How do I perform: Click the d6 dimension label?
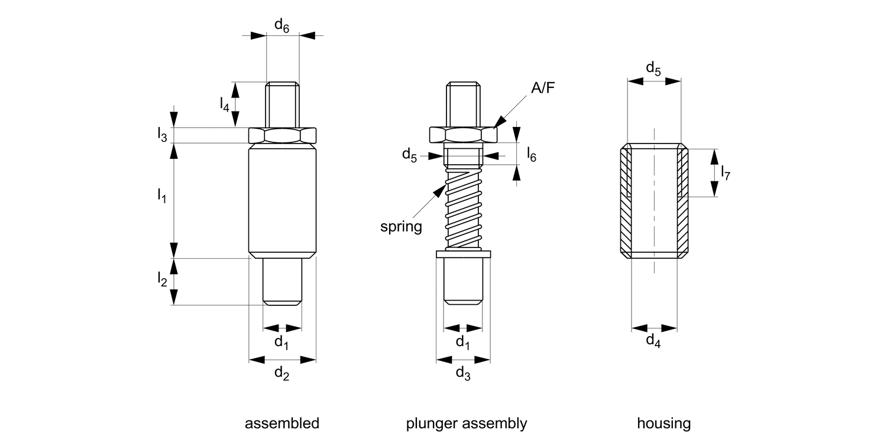(282, 25)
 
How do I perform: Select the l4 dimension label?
(224, 105)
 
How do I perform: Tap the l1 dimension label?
(161, 194)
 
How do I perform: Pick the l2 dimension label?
(162, 279)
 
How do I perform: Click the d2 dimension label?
(282, 373)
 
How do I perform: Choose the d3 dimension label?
(463, 373)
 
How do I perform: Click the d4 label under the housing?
(653, 341)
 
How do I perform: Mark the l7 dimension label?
(726, 172)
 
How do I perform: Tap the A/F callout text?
(543, 88)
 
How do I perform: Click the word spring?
(401, 227)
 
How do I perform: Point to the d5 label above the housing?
(653, 69)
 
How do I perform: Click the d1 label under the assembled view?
(282, 342)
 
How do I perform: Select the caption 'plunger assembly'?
(467, 424)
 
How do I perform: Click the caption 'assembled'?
(282, 424)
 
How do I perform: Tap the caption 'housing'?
(663, 424)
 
